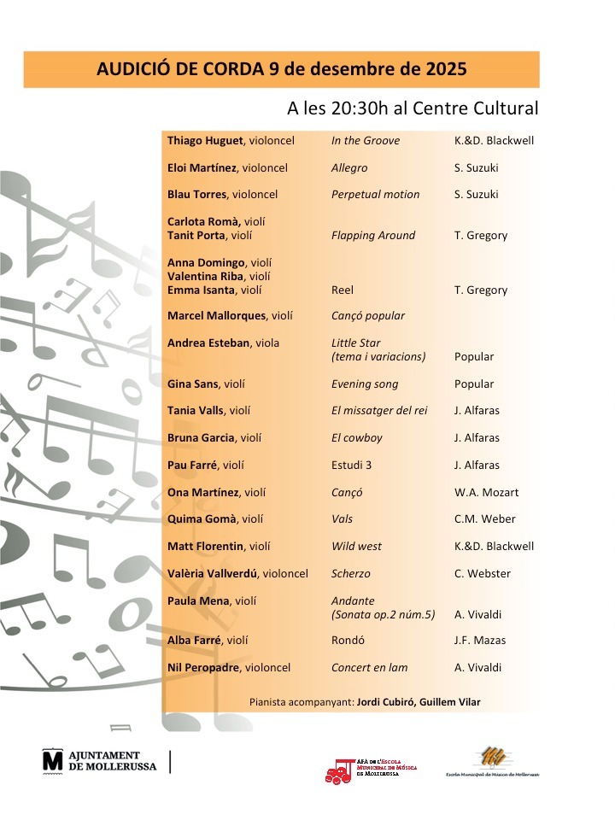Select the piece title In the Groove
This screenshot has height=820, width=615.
pos(366,140)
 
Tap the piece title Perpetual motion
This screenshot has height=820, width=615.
pos(376,194)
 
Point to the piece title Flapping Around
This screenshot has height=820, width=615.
pos(373,235)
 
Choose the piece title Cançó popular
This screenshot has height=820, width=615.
pos(368,316)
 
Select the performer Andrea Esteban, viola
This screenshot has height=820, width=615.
pos(224,343)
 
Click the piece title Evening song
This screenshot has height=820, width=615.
pos(365,384)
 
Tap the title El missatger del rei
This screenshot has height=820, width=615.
pos(379,411)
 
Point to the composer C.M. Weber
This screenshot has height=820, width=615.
pos(485,519)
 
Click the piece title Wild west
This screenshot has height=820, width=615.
pos(357,547)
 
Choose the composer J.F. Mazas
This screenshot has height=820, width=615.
pos(482,640)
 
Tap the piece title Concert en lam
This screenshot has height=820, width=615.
pos(370,667)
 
